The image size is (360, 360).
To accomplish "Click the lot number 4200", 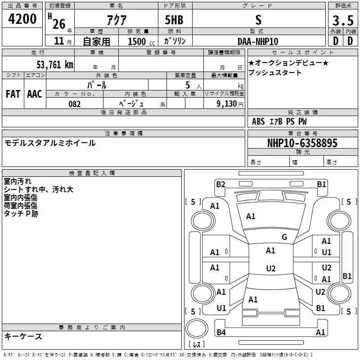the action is point(22,19).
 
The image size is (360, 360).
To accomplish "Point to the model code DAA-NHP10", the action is point(257,41).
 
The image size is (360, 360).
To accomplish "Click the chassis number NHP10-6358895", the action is point(302,143).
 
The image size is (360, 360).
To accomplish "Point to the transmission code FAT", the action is point(13,94).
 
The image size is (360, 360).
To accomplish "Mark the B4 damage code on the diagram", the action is point(221,332).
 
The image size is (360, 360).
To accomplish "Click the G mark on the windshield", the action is point(284,237).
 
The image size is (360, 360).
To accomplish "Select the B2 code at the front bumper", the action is point(220,184).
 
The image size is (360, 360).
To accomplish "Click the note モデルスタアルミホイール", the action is point(50,143).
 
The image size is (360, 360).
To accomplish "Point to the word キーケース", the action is point(23,336).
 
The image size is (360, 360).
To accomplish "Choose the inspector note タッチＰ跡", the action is point(21,214).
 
